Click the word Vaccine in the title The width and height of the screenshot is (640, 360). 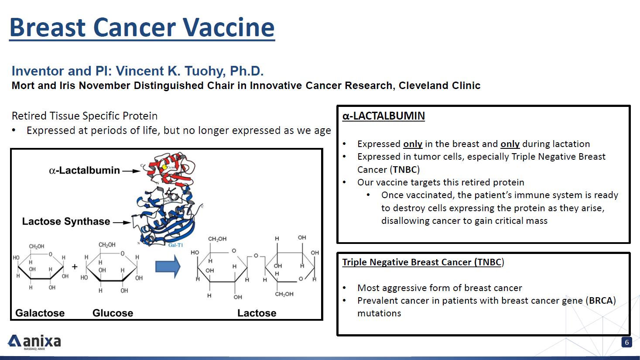point(229,27)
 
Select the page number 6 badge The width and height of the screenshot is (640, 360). point(626,342)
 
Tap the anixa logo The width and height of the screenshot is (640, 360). point(34,342)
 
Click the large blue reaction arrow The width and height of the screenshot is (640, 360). point(168,267)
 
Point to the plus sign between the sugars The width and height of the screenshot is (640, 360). point(75,267)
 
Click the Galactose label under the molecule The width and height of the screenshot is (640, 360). point(40,313)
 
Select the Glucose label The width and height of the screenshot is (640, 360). point(113,313)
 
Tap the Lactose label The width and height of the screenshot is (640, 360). point(257,313)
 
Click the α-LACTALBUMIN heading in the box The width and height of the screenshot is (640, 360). point(383,116)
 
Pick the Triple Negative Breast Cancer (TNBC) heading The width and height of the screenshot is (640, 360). point(423,262)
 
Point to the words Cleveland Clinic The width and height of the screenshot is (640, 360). point(439,86)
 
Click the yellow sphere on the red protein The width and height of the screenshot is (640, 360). point(164,167)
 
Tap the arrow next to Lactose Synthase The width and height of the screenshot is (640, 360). point(122,222)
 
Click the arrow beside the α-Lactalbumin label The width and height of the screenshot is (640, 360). point(131,171)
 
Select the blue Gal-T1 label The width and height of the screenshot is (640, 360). point(175,245)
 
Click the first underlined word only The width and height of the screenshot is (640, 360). point(413,144)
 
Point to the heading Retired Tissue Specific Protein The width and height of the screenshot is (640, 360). point(85,116)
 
